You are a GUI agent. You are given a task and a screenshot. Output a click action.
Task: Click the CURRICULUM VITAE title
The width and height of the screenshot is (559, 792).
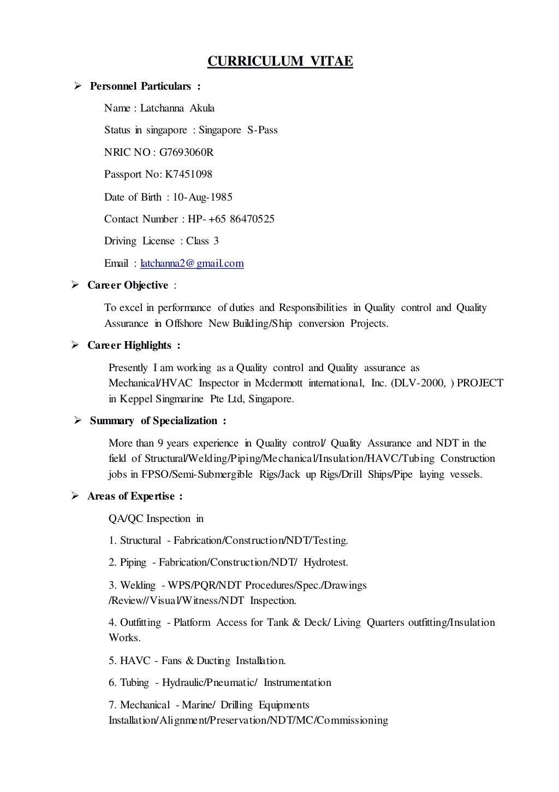(x=280, y=62)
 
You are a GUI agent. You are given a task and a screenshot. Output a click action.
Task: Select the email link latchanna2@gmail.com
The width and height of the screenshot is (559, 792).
(x=192, y=263)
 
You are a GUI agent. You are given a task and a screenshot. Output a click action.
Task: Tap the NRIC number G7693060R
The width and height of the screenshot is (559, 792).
(x=187, y=152)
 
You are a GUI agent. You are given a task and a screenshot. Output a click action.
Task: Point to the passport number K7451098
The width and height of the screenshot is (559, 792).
(x=188, y=175)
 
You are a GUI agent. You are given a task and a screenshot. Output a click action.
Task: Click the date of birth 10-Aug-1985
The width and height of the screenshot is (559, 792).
(x=203, y=197)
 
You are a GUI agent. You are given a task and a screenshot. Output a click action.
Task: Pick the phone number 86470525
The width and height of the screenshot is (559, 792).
(x=252, y=219)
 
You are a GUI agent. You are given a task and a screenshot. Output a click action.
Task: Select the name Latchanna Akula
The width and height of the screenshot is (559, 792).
(x=177, y=108)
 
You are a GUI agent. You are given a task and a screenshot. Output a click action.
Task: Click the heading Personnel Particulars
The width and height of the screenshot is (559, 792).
(x=141, y=86)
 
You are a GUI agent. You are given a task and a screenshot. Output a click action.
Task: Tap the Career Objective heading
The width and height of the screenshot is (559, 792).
(x=128, y=285)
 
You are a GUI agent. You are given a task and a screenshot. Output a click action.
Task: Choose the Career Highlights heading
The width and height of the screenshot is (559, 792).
(x=129, y=345)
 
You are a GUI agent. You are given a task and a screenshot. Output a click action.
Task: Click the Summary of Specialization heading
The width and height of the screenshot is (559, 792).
(x=153, y=421)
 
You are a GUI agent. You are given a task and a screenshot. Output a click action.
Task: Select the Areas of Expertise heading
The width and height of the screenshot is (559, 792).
(x=130, y=496)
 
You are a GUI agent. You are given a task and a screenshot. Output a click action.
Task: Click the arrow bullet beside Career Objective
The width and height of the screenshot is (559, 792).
(x=77, y=285)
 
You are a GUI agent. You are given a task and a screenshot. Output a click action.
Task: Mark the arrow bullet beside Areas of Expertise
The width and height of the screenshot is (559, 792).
(x=77, y=496)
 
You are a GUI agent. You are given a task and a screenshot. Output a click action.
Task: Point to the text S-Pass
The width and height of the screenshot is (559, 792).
(x=263, y=130)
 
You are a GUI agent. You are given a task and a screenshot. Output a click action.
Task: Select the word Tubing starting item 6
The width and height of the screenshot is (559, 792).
(x=134, y=683)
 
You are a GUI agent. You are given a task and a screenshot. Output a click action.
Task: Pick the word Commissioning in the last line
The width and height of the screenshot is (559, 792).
(x=352, y=720)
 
